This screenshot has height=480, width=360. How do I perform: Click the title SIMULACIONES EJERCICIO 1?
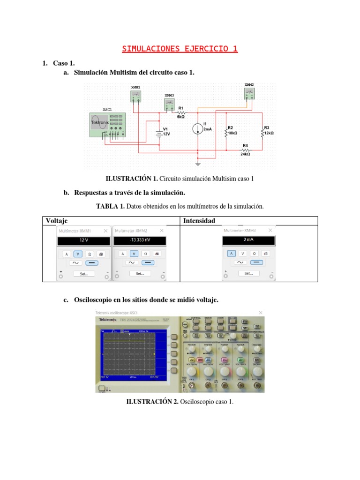[x=180, y=49]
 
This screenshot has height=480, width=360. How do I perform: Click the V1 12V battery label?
[x=166, y=131]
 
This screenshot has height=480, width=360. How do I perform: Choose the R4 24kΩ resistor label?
[x=245, y=150]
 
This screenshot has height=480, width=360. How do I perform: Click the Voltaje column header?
[x=56, y=220]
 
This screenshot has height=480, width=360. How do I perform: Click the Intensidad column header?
[x=199, y=220]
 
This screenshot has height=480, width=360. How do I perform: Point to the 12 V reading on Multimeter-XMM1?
[x=83, y=240]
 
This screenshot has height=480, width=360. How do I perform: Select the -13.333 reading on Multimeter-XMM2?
[x=139, y=240]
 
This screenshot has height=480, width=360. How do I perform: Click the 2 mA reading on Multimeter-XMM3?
[x=248, y=240]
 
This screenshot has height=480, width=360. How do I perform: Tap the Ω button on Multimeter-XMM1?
[x=90, y=254]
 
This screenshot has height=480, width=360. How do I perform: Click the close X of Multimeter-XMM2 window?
[x=162, y=231]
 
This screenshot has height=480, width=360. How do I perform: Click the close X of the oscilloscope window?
[x=261, y=313]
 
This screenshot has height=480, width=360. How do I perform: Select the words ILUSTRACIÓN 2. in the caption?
[x=152, y=402]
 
